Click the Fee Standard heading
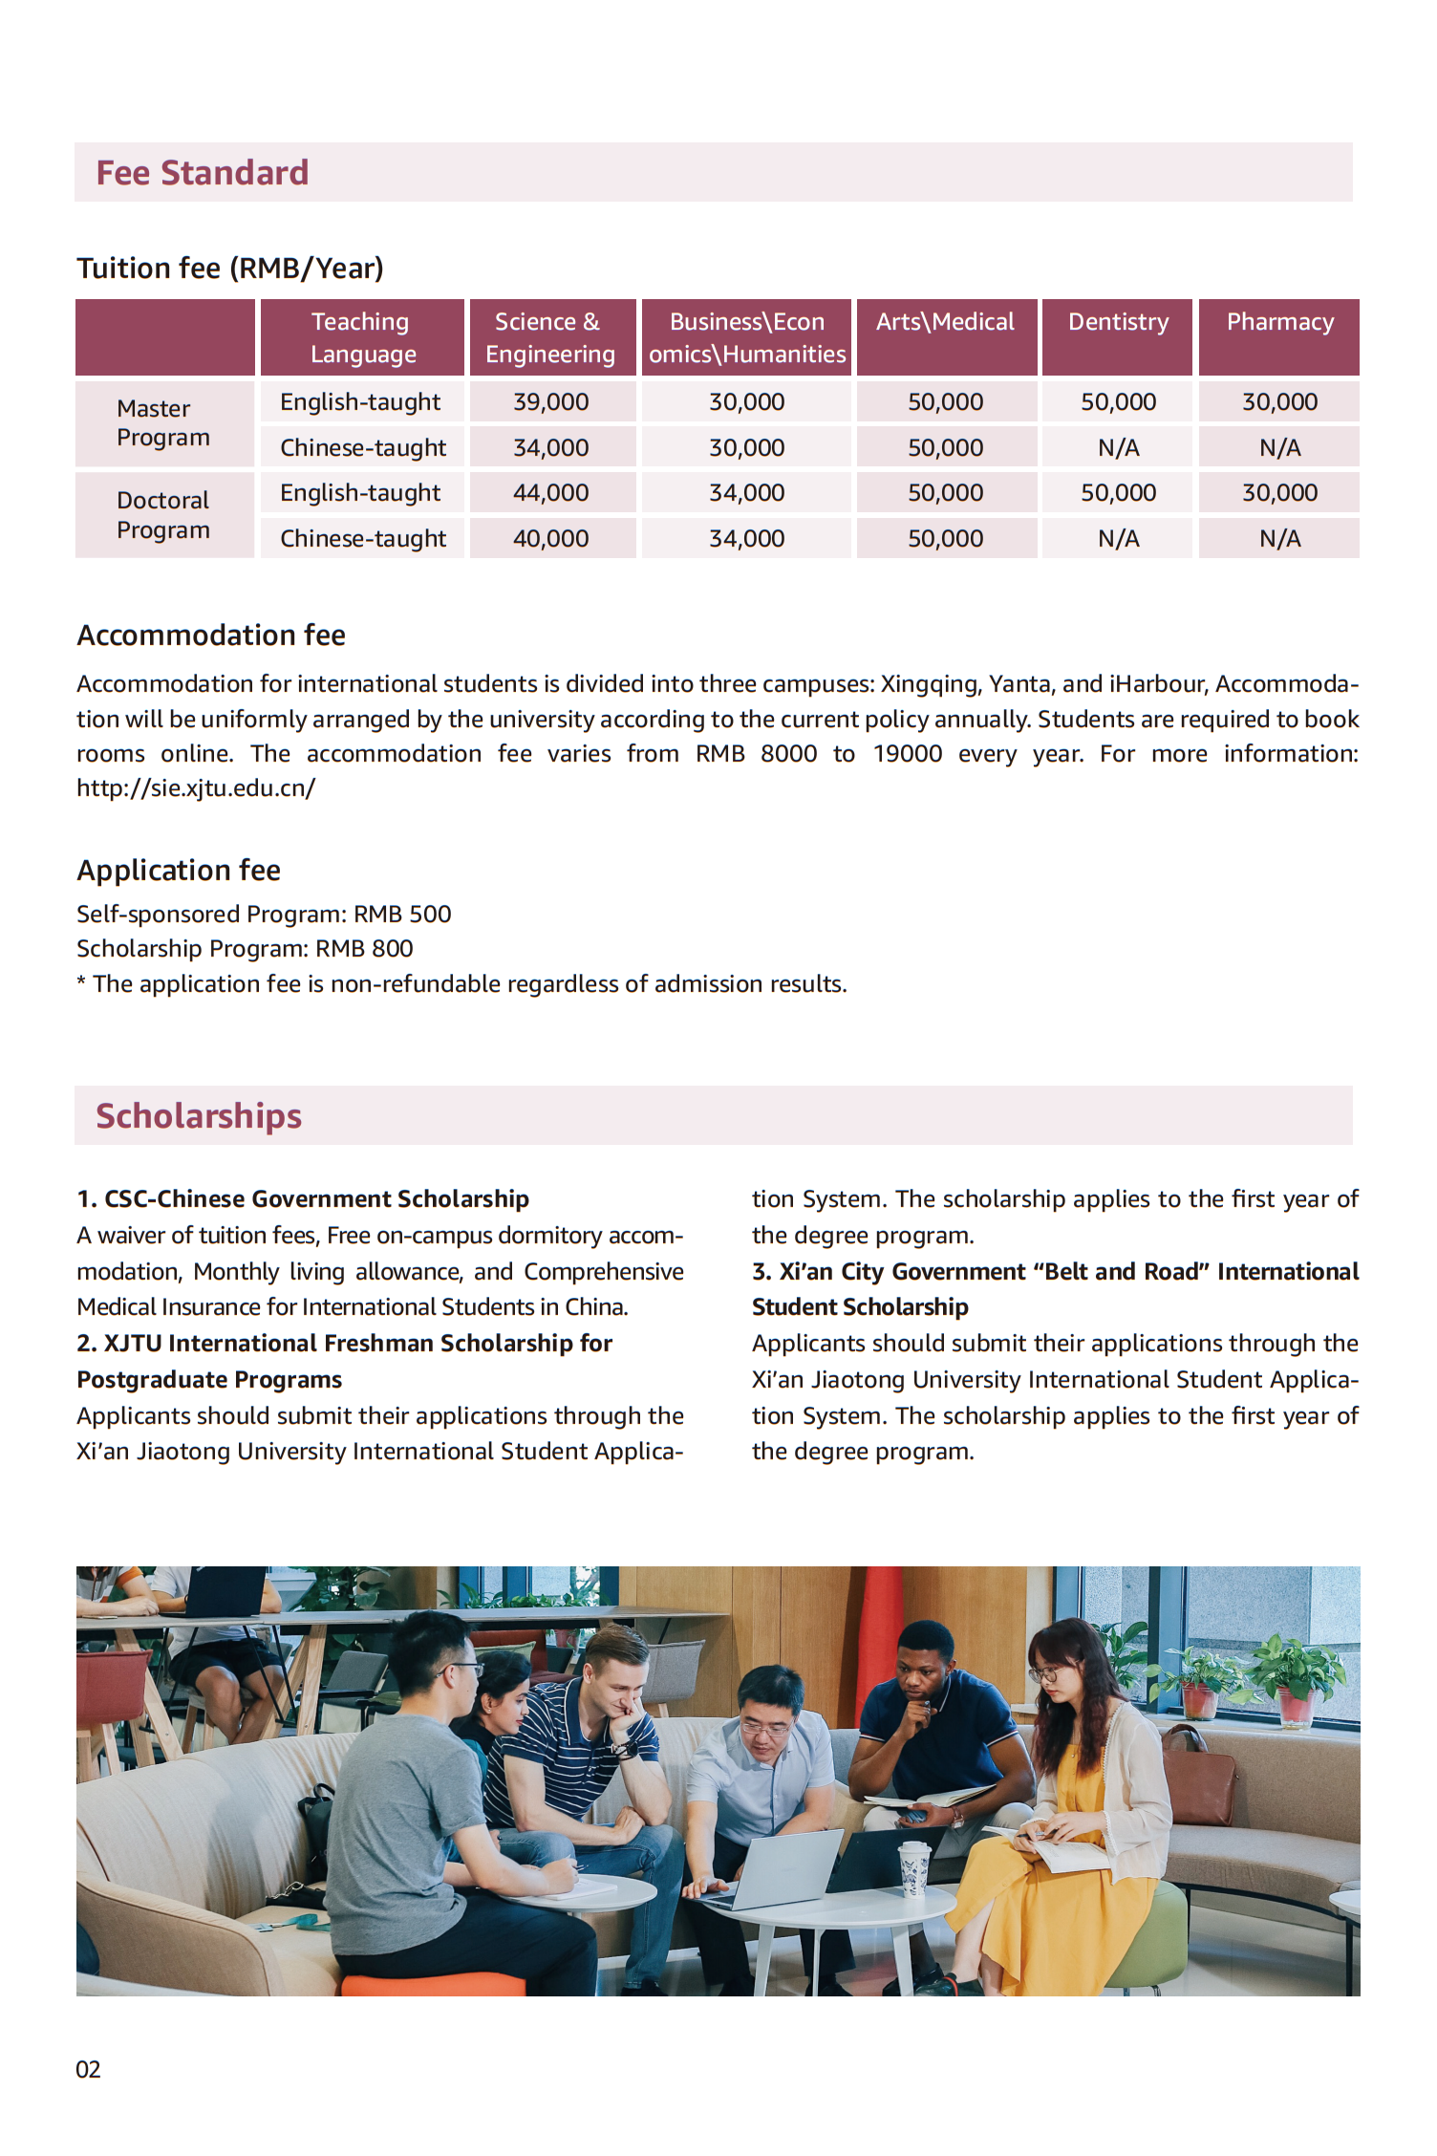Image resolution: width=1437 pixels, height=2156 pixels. coord(203,173)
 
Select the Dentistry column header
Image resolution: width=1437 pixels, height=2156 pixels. coord(1118,323)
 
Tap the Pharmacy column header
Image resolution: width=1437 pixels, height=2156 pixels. coord(1279,323)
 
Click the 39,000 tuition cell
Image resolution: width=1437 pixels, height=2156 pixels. coord(550,402)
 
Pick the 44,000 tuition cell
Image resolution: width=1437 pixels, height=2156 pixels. coord(550,493)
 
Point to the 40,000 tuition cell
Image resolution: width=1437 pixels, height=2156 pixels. coord(550,539)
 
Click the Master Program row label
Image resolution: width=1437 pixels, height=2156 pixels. coord(162,423)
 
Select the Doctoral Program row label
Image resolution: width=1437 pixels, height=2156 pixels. coord(162,515)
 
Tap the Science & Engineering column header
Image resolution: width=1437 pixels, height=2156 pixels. coord(550,338)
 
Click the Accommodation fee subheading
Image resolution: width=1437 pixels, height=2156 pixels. coord(211,636)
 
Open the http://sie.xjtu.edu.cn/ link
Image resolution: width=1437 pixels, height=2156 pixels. coord(196,788)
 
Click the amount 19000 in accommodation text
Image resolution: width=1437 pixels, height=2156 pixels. coord(907,754)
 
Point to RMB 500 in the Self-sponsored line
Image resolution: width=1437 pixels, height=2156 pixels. coord(402,915)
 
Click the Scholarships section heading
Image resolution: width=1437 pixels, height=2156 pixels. coord(199,1116)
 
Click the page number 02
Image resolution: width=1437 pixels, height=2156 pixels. coord(88,2070)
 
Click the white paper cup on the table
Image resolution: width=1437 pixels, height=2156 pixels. coord(914,1867)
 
